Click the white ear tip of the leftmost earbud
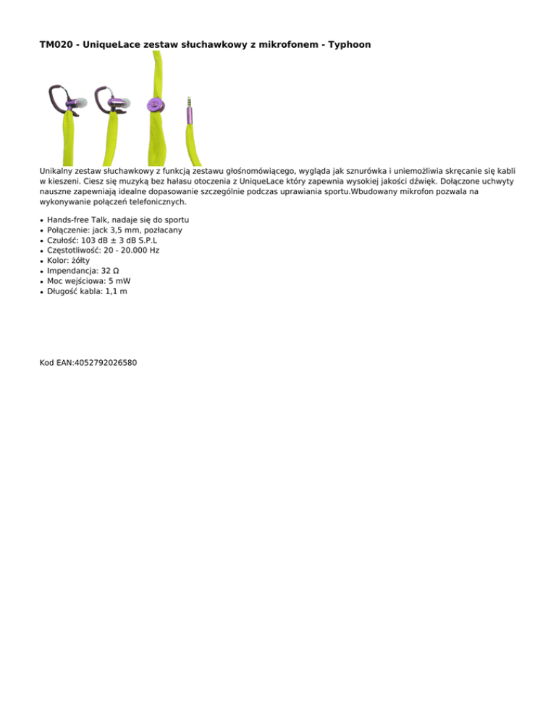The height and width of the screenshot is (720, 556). [x=82, y=104]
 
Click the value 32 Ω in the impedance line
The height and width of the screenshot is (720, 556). [x=114, y=270]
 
